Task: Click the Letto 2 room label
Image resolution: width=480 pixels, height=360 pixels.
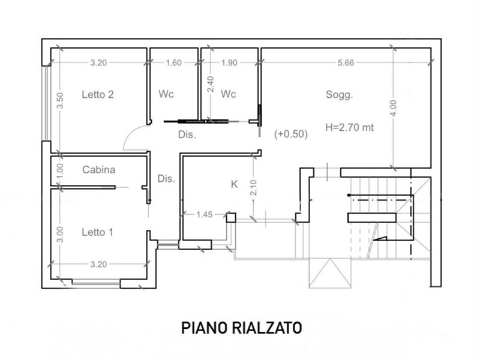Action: [x=98, y=94]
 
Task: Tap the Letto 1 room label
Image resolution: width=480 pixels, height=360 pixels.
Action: [x=98, y=232]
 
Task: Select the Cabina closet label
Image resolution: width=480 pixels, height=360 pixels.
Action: [x=98, y=170]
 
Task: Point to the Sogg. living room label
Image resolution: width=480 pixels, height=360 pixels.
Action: [x=339, y=95]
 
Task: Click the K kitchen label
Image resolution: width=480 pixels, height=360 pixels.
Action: [x=234, y=184]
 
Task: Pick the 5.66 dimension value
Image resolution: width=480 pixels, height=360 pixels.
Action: [x=346, y=63]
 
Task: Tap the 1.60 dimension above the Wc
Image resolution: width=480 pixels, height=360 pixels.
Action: [x=173, y=63]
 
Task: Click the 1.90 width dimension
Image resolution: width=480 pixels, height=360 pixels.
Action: [x=229, y=63]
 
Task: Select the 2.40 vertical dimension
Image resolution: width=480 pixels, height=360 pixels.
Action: [x=211, y=84]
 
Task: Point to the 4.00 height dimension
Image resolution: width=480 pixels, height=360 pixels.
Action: [x=393, y=108]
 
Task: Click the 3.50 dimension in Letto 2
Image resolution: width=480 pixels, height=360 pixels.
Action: [x=60, y=100]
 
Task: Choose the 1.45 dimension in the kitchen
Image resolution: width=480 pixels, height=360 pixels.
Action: [x=204, y=214]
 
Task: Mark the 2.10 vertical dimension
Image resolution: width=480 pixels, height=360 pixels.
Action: [x=253, y=187]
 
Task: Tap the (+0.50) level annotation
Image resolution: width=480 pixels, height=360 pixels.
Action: [x=291, y=134]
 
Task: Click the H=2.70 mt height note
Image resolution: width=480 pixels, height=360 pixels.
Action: [x=349, y=127]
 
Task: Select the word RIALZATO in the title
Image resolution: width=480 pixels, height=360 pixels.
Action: [x=267, y=328]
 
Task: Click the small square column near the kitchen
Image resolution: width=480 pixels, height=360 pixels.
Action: [x=231, y=218]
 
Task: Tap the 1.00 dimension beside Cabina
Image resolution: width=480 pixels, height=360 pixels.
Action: [x=60, y=171]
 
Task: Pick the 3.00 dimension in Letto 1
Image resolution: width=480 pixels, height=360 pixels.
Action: [x=60, y=234]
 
